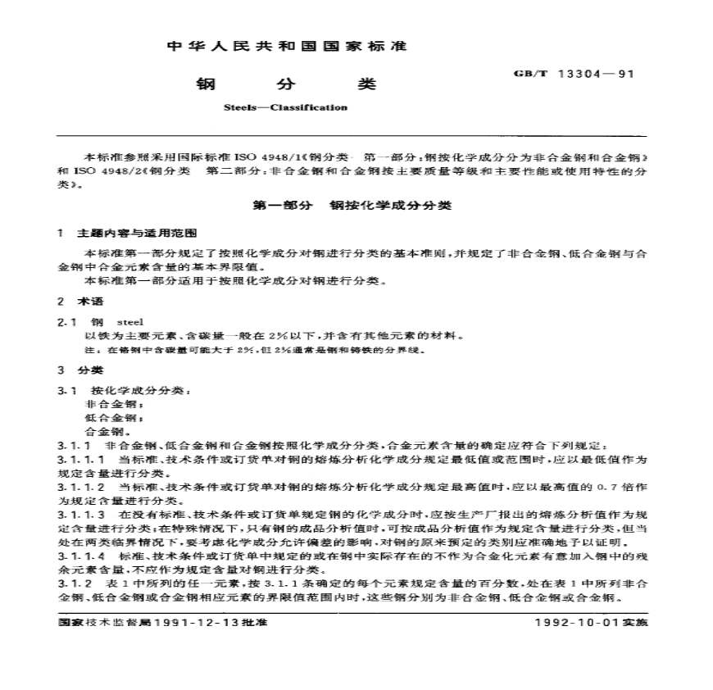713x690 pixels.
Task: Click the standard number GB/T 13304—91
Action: click(x=574, y=73)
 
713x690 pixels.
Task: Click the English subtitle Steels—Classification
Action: click(x=284, y=107)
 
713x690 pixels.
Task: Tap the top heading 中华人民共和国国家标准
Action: click(x=287, y=46)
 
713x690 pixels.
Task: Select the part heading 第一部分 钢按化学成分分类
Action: click(x=353, y=206)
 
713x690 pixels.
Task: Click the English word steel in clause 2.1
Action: click(x=131, y=322)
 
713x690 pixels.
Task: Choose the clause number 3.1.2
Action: click(x=74, y=583)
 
